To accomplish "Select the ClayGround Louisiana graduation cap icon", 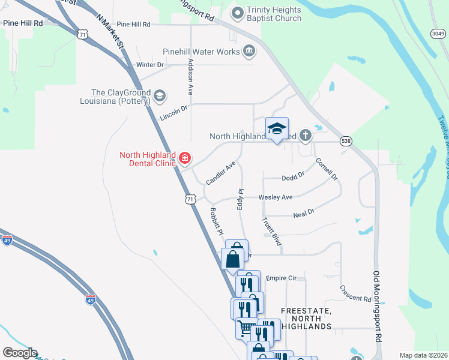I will point(160,95).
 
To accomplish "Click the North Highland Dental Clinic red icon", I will point(185,158).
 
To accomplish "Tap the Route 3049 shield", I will point(438,34).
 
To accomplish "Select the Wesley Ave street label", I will point(276,197).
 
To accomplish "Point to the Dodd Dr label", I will point(294,177).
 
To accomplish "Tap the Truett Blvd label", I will point(272,231).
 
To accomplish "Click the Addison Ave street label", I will point(190,77).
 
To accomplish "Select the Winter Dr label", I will point(150,65).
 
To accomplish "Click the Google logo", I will point(20,353).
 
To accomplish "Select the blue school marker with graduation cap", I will point(277,129).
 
